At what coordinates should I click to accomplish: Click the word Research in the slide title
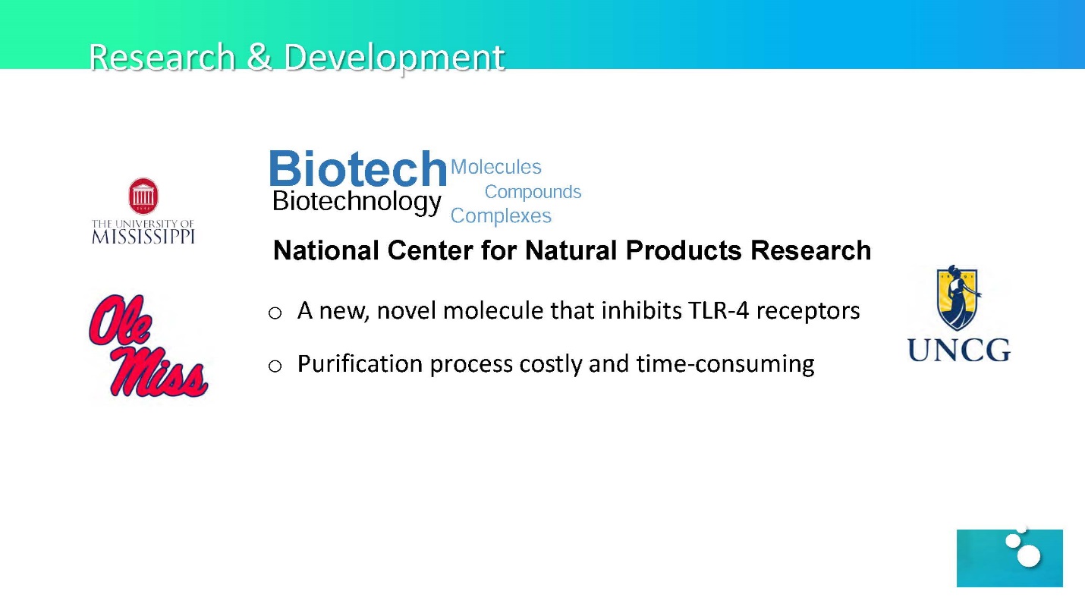(162, 57)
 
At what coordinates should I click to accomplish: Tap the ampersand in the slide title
(259, 57)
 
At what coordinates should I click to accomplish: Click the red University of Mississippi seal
(143, 196)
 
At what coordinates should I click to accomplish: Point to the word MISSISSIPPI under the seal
(143, 237)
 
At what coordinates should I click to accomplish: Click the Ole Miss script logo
(148, 345)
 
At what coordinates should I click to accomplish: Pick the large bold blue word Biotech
(357, 168)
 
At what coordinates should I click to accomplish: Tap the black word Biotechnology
(357, 202)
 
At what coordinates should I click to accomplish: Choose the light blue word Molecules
(496, 167)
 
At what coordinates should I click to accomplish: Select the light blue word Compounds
(533, 192)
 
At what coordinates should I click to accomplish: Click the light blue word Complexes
(501, 215)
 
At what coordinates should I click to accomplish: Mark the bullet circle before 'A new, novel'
(275, 313)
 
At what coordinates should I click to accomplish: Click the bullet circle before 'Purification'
(275, 366)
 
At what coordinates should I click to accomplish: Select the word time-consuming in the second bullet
(725, 364)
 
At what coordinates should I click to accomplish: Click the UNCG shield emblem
(957, 297)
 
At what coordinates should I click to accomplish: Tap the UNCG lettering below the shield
(959, 350)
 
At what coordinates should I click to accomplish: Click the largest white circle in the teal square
(1029, 555)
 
